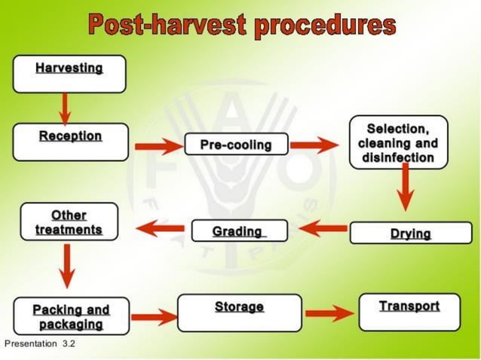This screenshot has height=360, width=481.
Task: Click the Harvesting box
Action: pyautogui.click(x=69, y=74)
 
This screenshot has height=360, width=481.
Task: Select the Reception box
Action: pyautogui.click(x=70, y=142)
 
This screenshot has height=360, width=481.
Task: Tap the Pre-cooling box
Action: pyautogui.click(x=236, y=144)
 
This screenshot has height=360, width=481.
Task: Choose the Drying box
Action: pyautogui.click(x=410, y=233)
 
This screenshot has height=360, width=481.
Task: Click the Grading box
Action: pyautogui.click(x=239, y=230)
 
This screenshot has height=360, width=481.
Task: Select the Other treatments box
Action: pyautogui.click(x=69, y=221)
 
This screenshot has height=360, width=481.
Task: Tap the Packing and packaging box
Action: pyautogui.click(x=71, y=316)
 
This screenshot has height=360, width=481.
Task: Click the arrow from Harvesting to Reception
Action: pyautogui.click(x=65, y=108)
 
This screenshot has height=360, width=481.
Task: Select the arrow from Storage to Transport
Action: pyautogui.click(x=329, y=313)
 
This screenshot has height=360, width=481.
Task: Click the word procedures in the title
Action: pyautogui.click(x=325, y=24)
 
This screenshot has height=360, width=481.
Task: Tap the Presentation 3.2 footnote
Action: pyautogui.click(x=40, y=343)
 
